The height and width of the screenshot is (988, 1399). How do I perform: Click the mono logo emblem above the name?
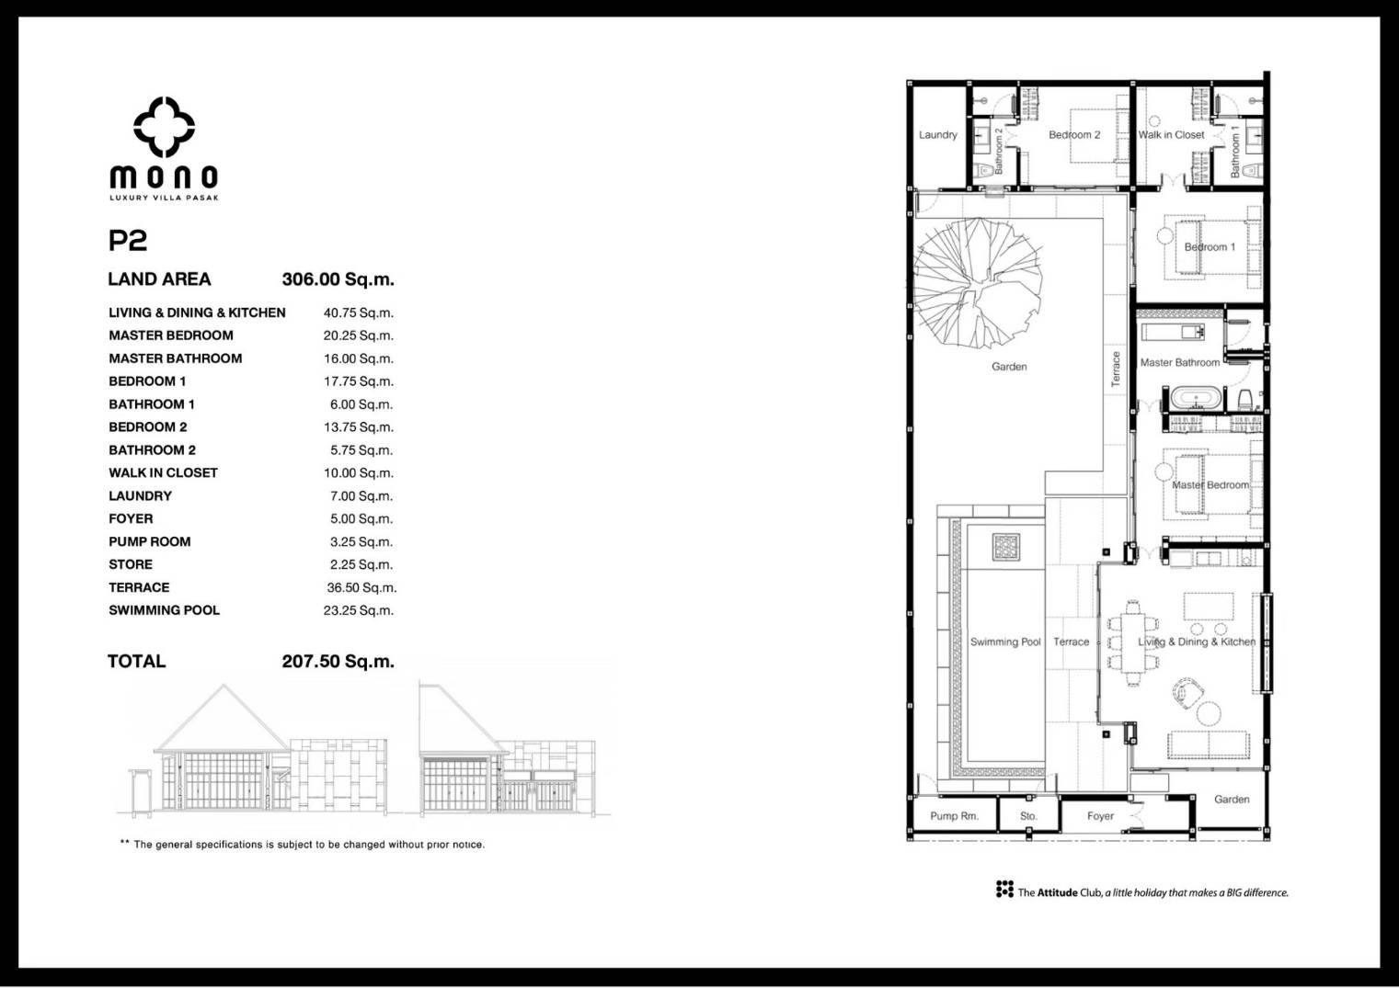coord(164,128)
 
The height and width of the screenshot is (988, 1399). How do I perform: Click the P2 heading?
coord(128,241)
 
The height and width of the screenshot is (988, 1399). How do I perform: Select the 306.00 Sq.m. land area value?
coord(338,279)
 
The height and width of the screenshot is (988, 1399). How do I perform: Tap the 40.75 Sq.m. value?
coord(359,312)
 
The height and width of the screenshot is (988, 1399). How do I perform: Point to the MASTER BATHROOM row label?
coord(176,358)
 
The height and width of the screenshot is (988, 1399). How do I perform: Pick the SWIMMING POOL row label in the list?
coord(165,609)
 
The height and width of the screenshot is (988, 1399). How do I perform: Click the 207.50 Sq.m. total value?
coord(338,661)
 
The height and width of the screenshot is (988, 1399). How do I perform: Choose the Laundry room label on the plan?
coord(938,135)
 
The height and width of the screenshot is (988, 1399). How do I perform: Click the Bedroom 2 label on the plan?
coord(1074,135)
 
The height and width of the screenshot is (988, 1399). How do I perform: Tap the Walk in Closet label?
coord(1171,135)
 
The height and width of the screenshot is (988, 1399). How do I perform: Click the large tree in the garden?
coord(978,284)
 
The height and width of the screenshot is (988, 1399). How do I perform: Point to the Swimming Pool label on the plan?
coord(1005,642)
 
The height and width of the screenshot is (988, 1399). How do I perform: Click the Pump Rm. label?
coord(955,816)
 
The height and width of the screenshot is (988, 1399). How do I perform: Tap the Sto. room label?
coord(1028,816)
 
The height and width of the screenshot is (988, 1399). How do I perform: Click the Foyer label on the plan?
coord(1100,816)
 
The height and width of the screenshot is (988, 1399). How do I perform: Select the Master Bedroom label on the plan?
coord(1210,485)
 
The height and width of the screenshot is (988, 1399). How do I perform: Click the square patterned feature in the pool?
coord(1006,547)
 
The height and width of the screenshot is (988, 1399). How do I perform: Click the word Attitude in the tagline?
coord(1058,892)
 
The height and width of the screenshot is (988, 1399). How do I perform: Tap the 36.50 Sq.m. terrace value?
coord(361,587)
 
